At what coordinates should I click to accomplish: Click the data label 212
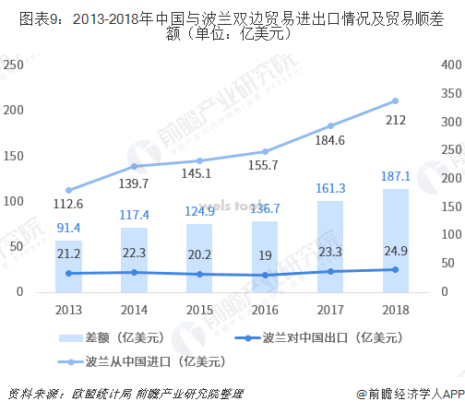[x=395, y=120]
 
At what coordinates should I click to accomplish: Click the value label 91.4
[x=68, y=228]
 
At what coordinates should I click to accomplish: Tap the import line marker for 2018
[x=395, y=101]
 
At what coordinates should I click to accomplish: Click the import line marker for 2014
[x=134, y=167]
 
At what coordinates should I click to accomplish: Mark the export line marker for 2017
[x=329, y=271]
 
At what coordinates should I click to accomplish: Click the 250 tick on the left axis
[x=13, y=65]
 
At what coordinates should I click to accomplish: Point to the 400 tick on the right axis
[x=449, y=65]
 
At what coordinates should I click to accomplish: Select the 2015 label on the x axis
[x=199, y=311]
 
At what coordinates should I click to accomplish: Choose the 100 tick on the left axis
[x=13, y=201]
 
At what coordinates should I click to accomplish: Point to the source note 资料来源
[x=124, y=394]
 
